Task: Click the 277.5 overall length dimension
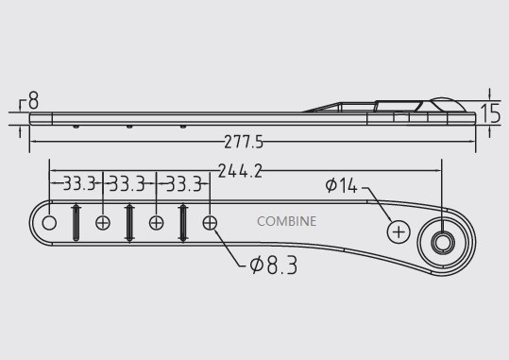[x=244, y=143]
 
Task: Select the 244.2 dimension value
[x=240, y=171]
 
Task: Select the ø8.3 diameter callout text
[x=273, y=267]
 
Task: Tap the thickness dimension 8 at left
[x=34, y=99]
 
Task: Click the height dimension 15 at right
[x=488, y=114]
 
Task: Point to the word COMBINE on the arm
[x=287, y=223]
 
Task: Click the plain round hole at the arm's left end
[x=50, y=224]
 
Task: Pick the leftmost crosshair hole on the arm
[x=103, y=224]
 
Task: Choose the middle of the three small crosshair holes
[x=157, y=224]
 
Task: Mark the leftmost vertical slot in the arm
[x=76, y=224]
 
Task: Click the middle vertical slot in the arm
[x=129, y=224]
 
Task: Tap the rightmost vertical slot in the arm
[x=183, y=224]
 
